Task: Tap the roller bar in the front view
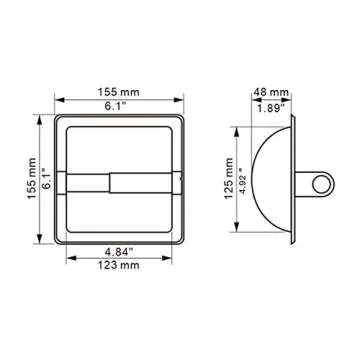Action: (122, 183)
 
